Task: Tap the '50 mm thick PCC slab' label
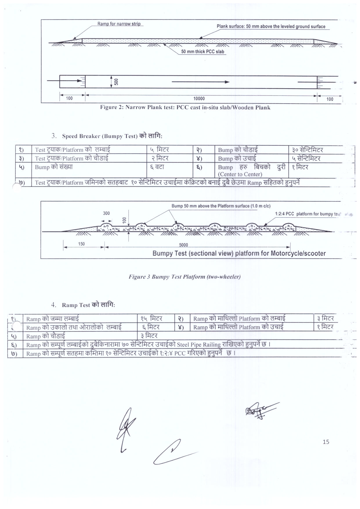(202, 52)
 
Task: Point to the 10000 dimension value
(199, 99)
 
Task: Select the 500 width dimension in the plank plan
(116, 82)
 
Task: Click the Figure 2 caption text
(185, 107)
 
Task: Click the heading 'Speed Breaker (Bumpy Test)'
(100, 136)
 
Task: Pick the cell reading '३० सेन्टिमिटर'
(307, 150)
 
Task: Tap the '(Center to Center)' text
(240, 174)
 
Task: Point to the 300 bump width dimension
(106, 213)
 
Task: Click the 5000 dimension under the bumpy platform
(183, 245)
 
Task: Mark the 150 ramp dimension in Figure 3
(82, 244)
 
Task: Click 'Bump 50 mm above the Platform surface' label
(221, 206)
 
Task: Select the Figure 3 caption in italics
(184, 277)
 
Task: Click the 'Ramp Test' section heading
(76, 305)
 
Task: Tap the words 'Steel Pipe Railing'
(199, 345)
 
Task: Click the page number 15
(326, 442)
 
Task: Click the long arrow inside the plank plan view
(200, 82)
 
